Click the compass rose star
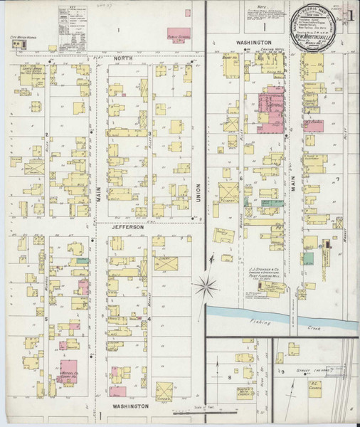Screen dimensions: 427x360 207,287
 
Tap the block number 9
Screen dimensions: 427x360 282,371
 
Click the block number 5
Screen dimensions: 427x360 46,318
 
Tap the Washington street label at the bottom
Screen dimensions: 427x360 129,406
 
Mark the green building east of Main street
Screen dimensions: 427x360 308,260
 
